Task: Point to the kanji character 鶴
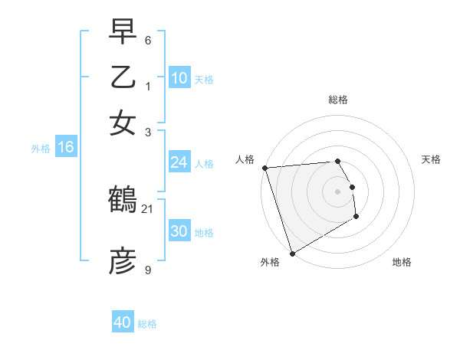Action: tap(123, 201)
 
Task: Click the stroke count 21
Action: tap(148, 208)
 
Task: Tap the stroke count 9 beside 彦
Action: tap(148, 270)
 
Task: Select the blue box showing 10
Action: tap(179, 78)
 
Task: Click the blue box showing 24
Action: tap(179, 162)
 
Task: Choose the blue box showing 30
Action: tap(179, 231)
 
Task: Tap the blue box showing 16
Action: tap(65, 147)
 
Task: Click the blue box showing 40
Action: tap(123, 322)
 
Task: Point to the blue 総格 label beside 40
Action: tap(147, 324)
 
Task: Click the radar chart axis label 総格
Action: tap(338, 100)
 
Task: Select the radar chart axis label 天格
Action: tap(431, 159)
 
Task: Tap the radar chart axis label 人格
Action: tap(245, 159)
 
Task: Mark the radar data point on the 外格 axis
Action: tap(292, 253)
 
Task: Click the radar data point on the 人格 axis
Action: tap(264, 168)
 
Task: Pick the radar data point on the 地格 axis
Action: tap(356, 218)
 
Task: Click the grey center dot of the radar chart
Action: tap(338, 191)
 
